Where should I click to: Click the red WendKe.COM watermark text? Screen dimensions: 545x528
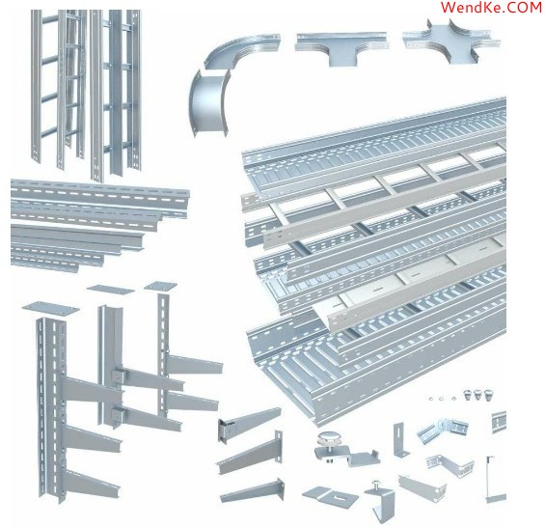point(491,8)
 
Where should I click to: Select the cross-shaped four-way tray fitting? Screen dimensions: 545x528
point(451,42)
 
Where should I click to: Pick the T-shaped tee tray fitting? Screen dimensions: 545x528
point(342,48)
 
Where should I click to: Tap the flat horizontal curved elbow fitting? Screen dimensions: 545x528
point(240,50)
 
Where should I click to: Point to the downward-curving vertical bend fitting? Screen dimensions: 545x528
point(207,102)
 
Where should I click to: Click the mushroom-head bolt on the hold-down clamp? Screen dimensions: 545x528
point(327,437)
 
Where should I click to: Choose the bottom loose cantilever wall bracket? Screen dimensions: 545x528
point(253,491)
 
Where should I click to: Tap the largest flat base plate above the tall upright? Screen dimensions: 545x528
point(51,309)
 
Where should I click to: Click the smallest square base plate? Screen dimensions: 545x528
point(160,286)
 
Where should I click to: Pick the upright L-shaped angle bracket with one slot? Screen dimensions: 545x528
point(400,440)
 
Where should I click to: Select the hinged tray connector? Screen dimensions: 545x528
point(442,430)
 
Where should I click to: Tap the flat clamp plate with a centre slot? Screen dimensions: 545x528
point(330,495)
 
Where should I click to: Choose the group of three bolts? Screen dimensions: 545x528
point(478,395)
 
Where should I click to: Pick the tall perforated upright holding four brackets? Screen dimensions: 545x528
point(52,408)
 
